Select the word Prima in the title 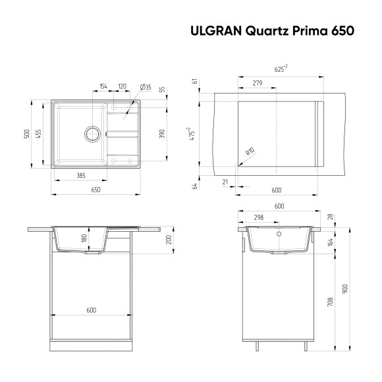[309, 30]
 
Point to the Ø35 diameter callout [146, 87]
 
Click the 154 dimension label [103, 87]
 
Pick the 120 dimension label [123, 87]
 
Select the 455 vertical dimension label [38, 134]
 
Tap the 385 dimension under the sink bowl [80, 176]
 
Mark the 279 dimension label [258, 83]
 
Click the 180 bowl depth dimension [84, 239]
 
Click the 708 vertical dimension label [329, 302]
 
